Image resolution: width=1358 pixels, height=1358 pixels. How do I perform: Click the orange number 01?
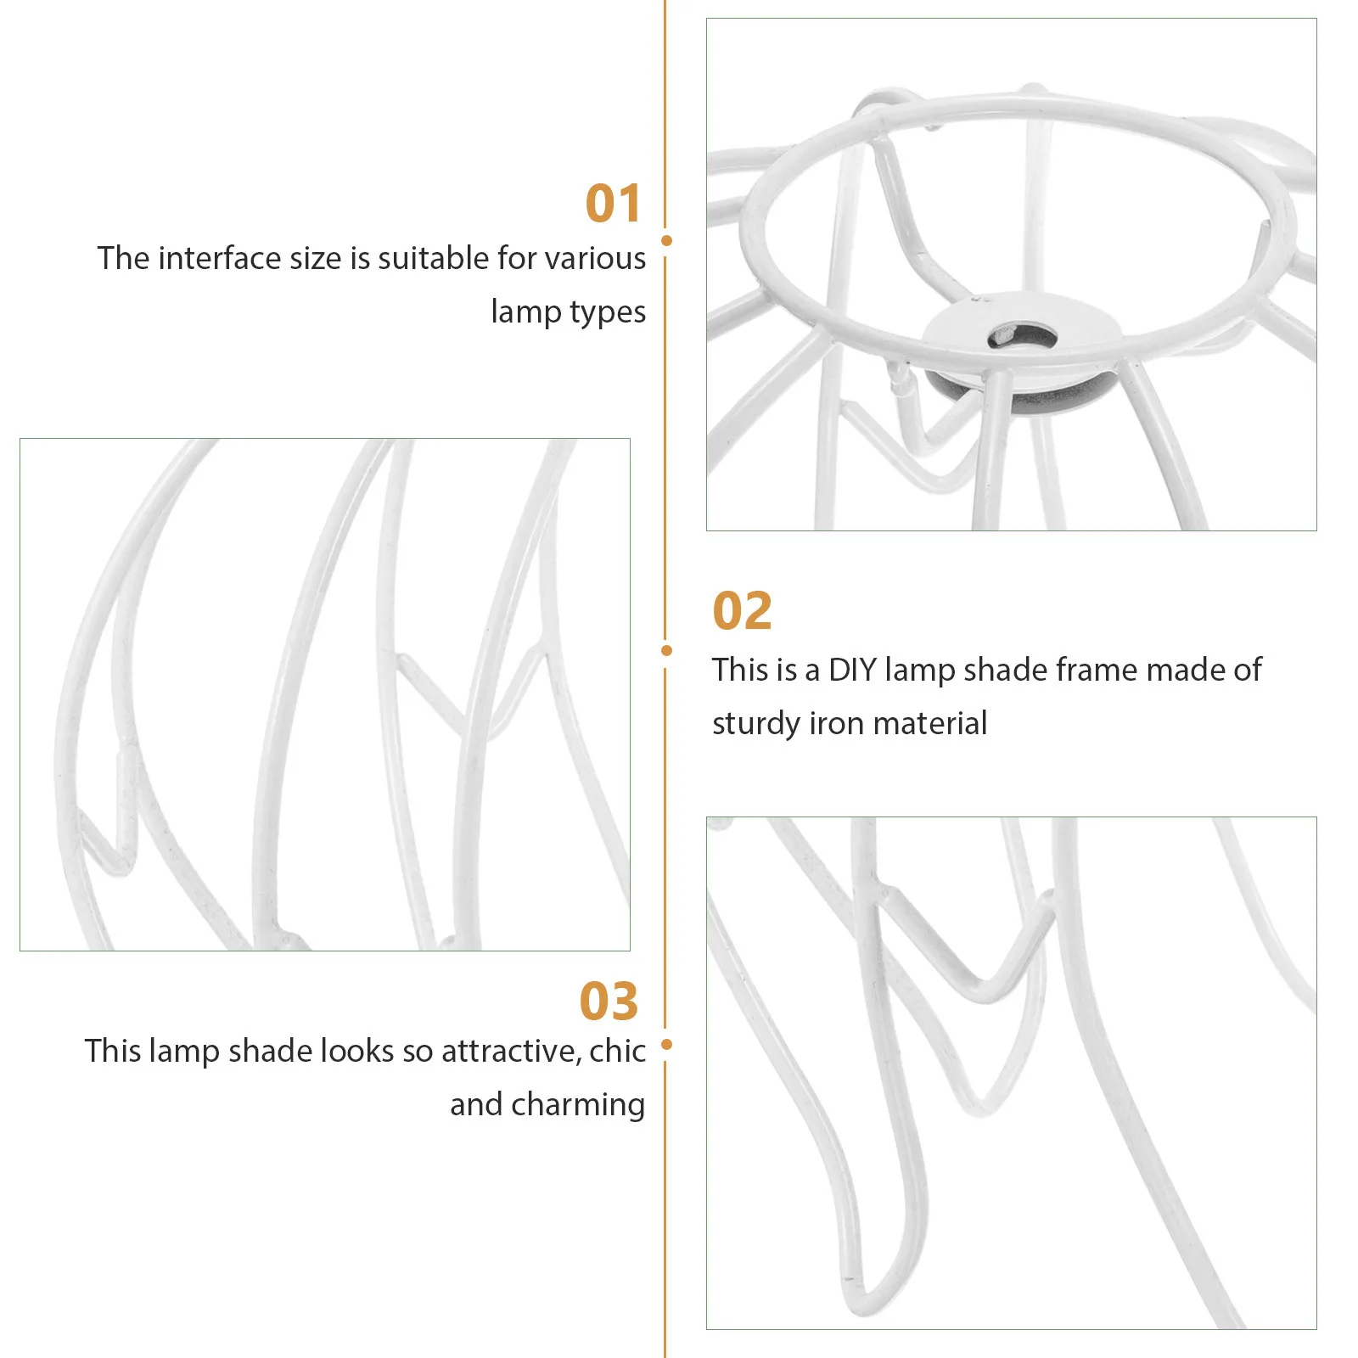tap(613, 205)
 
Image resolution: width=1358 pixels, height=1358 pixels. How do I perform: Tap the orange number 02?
tap(742, 611)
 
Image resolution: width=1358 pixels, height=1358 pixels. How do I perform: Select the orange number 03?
tap(608, 1002)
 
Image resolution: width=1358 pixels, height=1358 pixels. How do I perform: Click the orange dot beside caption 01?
tap(666, 241)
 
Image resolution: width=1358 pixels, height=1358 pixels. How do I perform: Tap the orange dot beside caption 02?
tap(666, 651)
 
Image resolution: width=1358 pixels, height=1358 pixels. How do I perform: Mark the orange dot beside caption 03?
tap(666, 1045)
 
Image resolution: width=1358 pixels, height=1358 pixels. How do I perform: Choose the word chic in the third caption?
tap(617, 1052)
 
